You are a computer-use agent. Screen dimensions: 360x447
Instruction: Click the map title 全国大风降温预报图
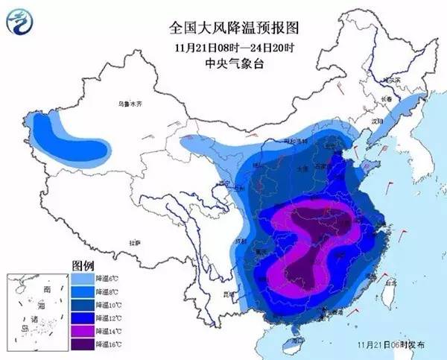tap(223, 28)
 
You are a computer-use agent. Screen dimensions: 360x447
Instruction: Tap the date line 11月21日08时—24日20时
tap(223, 48)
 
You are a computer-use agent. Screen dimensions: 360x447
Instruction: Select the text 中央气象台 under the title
tap(223, 64)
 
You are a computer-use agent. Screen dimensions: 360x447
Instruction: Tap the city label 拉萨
tap(135, 243)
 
